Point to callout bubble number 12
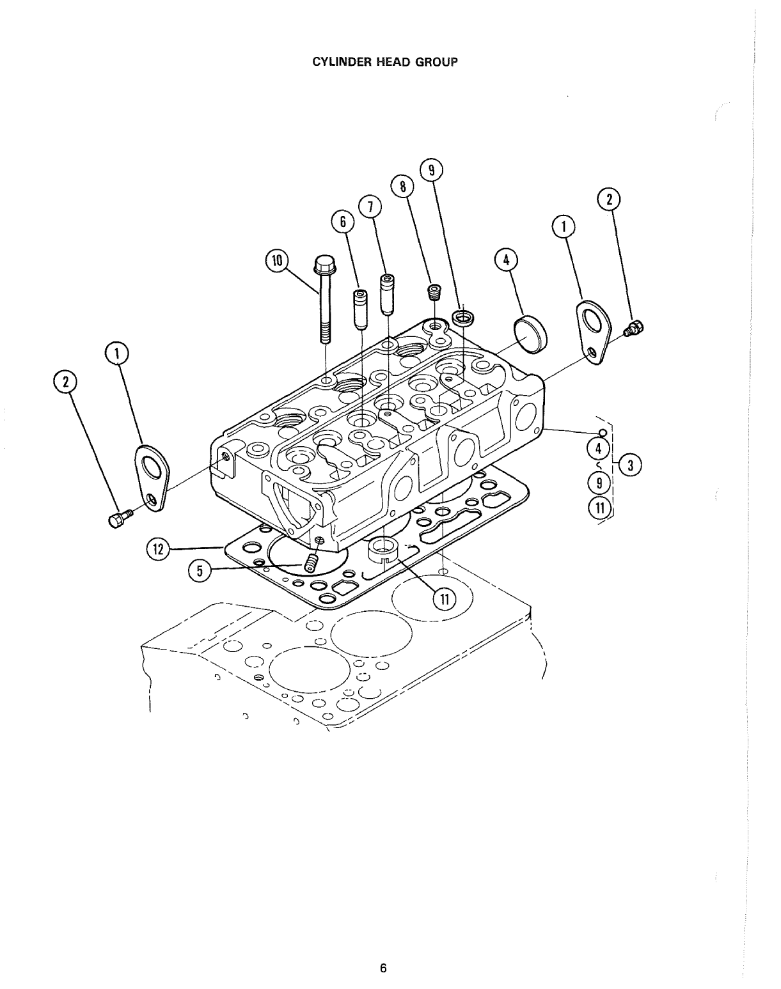pyautogui.click(x=159, y=548)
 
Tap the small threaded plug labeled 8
pyautogui.click(x=435, y=292)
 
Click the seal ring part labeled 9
pyautogui.click(x=462, y=316)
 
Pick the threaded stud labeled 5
pyautogui.click(x=311, y=563)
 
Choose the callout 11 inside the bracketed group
pyautogui.click(x=599, y=509)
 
